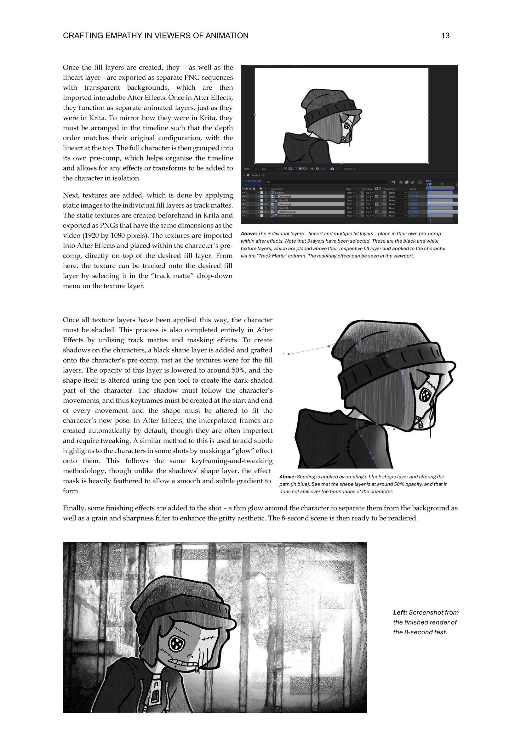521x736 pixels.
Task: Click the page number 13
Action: pos(445,36)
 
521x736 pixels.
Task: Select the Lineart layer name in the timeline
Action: pos(279,193)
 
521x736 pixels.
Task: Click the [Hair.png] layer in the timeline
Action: pos(284,204)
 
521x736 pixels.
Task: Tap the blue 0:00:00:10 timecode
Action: pos(253,181)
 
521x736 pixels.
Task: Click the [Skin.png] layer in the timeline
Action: pos(284,196)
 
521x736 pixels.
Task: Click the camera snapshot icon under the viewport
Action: pos(332,169)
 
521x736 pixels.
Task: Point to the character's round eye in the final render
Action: pos(176,643)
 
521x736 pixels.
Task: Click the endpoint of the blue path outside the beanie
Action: pos(289,354)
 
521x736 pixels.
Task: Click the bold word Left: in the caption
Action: pos(400,613)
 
